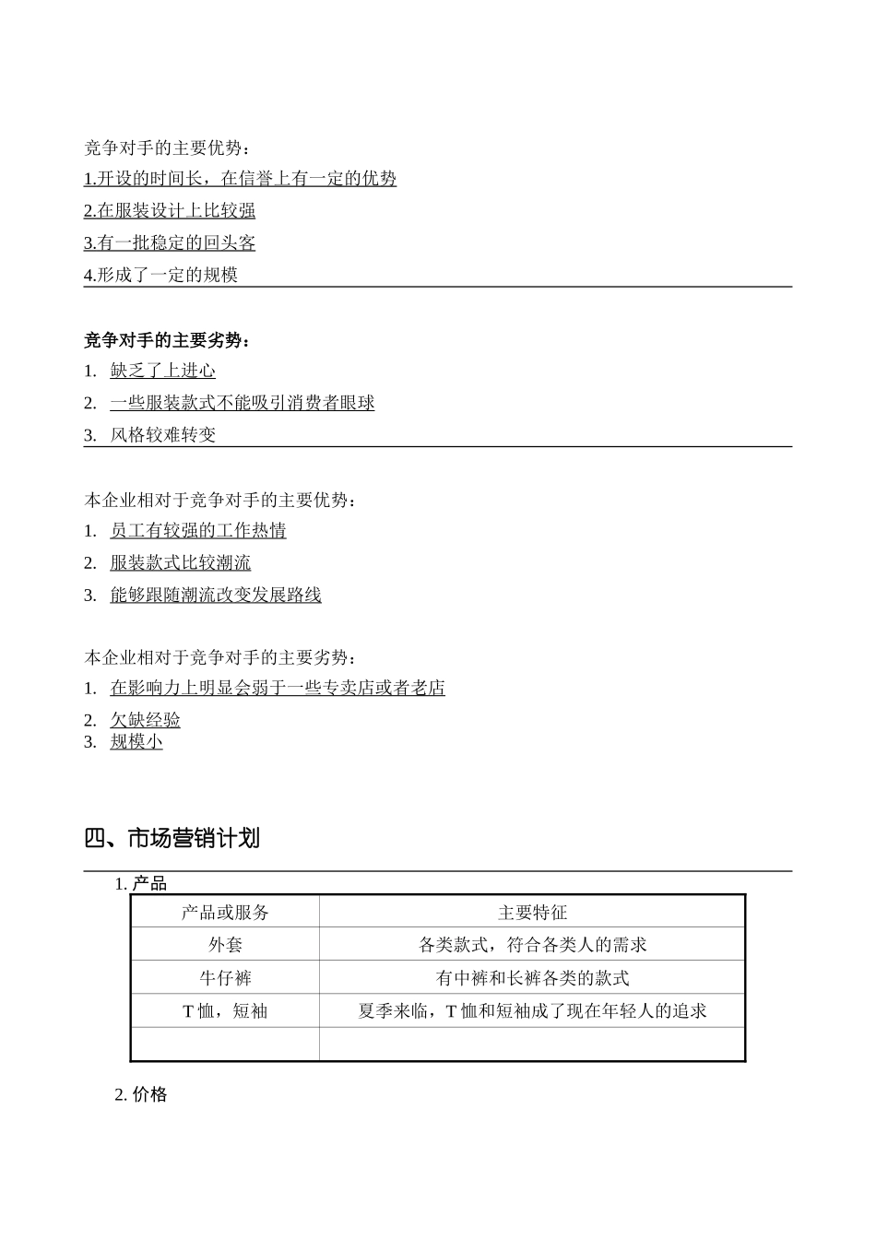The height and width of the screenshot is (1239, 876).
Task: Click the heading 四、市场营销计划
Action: (x=172, y=838)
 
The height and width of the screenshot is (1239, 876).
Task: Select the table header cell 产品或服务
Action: (x=225, y=912)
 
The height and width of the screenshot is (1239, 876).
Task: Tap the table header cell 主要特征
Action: (x=532, y=912)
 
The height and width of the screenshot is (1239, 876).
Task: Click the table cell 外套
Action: (x=225, y=945)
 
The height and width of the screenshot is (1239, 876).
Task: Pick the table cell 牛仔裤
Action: (x=225, y=978)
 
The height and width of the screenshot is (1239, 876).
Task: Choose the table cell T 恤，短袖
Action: (x=225, y=1011)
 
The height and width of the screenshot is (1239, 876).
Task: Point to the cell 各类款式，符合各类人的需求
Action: (x=532, y=945)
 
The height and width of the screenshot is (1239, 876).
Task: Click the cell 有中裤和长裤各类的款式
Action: (x=532, y=978)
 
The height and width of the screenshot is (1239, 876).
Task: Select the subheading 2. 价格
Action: (x=141, y=1094)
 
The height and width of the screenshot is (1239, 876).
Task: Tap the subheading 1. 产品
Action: (x=141, y=884)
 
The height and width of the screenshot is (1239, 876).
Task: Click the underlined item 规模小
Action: (x=136, y=741)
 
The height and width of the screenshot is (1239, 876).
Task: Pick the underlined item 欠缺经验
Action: (x=145, y=720)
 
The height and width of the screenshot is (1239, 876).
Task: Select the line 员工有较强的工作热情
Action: (x=198, y=530)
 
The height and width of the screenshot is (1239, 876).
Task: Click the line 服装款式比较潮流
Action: (x=180, y=562)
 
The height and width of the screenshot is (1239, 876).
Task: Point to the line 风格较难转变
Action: (x=163, y=435)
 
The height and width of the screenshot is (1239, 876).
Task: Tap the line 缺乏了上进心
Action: (x=163, y=371)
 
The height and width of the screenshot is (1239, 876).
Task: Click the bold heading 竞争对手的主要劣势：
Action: (x=167, y=340)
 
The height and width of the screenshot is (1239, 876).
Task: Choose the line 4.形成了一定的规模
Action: (x=161, y=275)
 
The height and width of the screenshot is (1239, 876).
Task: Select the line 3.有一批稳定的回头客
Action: (x=170, y=242)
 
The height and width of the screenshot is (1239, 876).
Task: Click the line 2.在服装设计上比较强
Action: (x=170, y=210)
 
